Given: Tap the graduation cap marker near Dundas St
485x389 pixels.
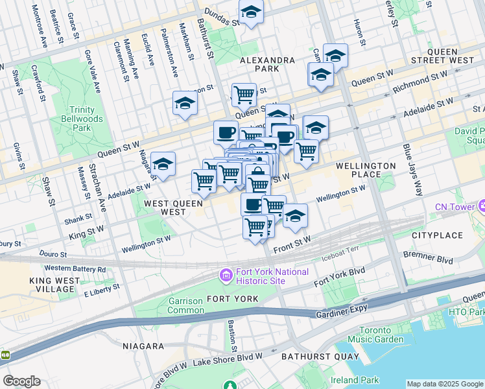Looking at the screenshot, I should [x=251, y=11].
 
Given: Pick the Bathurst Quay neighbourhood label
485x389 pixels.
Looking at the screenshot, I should [x=316, y=357].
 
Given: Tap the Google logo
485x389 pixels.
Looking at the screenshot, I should [x=21, y=381].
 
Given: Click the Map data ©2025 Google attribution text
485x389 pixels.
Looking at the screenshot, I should [x=444, y=384].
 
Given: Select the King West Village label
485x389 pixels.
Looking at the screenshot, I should [x=54, y=285].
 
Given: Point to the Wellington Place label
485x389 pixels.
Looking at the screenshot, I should [x=366, y=170].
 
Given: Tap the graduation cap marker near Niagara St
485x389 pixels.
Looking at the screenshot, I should [x=163, y=163].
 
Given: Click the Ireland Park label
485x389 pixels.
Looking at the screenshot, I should [x=353, y=380].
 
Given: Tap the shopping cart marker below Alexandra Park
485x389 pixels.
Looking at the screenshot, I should [x=244, y=95].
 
